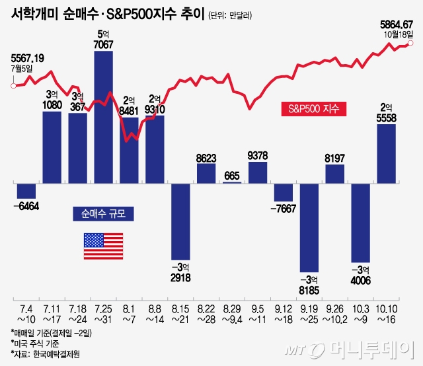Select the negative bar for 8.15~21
[x=181, y=220]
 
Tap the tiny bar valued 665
[x=232, y=182]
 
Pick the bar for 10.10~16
[x=387, y=152]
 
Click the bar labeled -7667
[x=284, y=192]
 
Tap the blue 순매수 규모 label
[x=103, y=213]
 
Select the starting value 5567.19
[x=28, y=59]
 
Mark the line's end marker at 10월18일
[x=410, y=44]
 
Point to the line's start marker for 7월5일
[x=13, y=85]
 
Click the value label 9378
[x=258, y=156]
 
